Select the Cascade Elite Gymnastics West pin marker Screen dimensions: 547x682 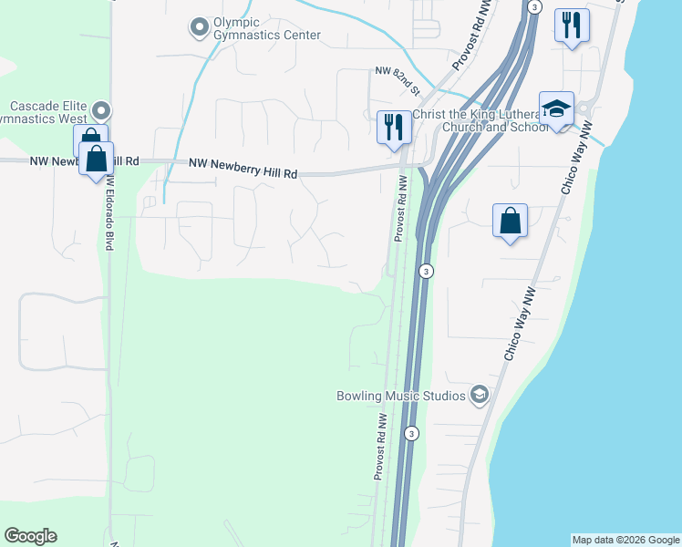pyautogui.click(x=100, y=111)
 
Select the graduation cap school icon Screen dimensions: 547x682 pyautogui.click(x=556, y=109)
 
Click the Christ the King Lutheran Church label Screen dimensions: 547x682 pyautogui.click(x=481, y=120)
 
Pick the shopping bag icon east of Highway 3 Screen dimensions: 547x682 pyautogui.click(x=511, y=222)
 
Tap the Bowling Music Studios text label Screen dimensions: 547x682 pyautogui.click(x=401, y=396)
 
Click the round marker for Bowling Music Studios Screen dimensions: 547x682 pyautogui.click(x=480, y=395)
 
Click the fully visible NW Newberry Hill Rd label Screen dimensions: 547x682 pyautogui.click(x=243, y=168)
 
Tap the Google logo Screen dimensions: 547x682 pyautogui.click(x=30, y=535)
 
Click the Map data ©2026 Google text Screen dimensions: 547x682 pyautogui.click(x=625, y=540)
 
